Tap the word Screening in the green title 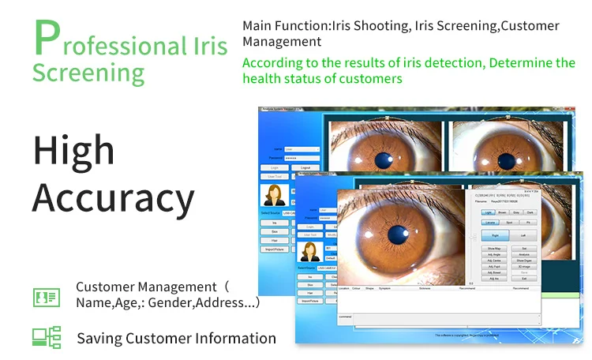pos(88,73)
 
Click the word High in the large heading pos(73,150)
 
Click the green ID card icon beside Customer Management pos(46,297)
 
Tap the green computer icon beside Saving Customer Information pos(46,337)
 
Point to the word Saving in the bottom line pos(103,339)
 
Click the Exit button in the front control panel pos(523,279)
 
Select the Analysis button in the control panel pos(523,254)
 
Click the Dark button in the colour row pos(530,212)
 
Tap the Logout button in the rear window pos(305,168)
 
